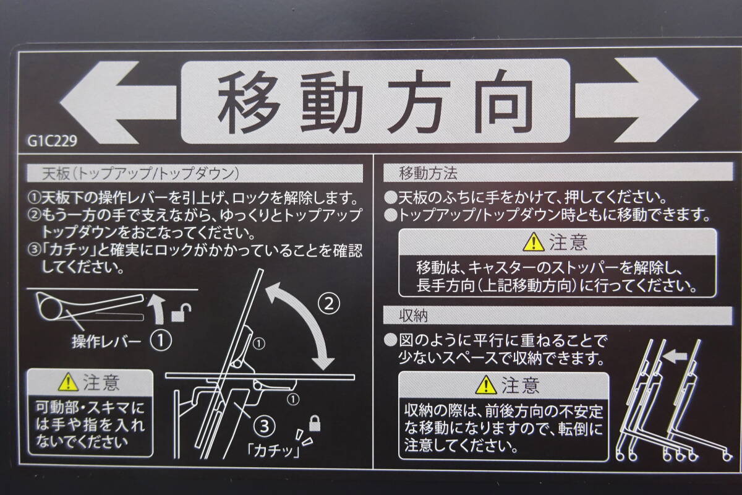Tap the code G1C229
pyautogui.click(x=53, y=141)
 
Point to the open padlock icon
pyautogui.click(x=181, y=312)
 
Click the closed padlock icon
pyautogui.click(x=314, y=423)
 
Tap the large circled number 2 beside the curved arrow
pyautogui.click(x=328, y=303)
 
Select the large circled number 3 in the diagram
pyautogui.click(x=265, y=427)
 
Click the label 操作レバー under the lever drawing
pyautogui.click(x=106, y=342)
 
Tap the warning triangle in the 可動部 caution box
pyautogui.click(x=68, y=382)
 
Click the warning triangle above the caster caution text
pyautogui.click(x=534, y=242)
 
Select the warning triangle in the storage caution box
pyautogui.click(x=486, y=385)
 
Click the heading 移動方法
pyautogui.click(x=428, y=173)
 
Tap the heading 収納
pyautogui.click(x=414, y=316)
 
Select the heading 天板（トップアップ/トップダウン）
pyautogui.click(x=140, y=173)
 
